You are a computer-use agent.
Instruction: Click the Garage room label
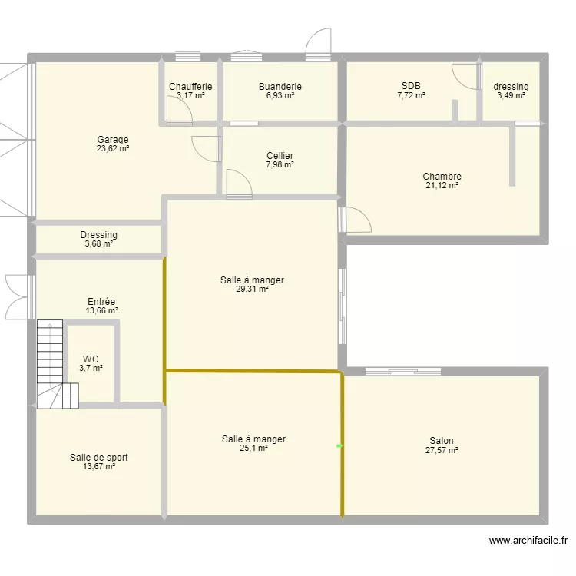point(112,140)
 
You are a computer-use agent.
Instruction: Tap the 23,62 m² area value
point(112,149)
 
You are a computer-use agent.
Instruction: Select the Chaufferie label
point(190,87)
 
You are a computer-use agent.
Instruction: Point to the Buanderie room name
point(280,87)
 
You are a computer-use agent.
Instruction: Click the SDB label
point(411,86)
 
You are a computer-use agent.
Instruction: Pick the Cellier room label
point(280,156)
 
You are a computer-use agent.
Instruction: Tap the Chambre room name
point(442,177)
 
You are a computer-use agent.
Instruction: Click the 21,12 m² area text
point(442,186)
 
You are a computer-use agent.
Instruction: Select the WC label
point(91,359)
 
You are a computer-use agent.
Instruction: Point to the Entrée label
point(101,302)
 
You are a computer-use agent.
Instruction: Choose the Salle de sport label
point(99,458)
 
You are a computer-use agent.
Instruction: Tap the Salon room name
point(442,441)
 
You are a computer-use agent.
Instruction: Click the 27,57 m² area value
point(442,450)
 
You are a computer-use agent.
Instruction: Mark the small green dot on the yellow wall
point(339,445)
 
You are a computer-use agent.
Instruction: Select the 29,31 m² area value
point(252,290)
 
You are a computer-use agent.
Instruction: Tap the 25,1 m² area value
point(253,449)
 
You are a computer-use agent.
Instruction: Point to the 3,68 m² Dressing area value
point(99,244)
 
